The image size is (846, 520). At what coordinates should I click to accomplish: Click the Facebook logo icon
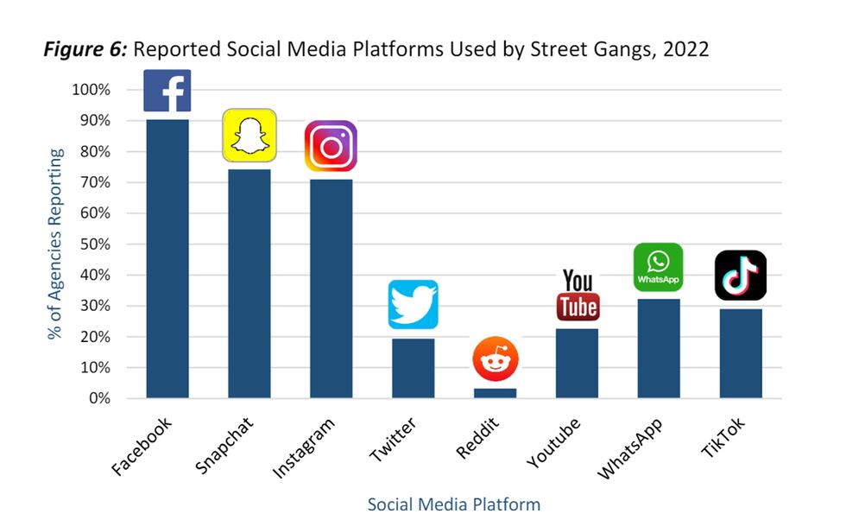coord(167,91)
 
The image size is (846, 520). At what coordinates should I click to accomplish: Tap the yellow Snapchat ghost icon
coord(249,136)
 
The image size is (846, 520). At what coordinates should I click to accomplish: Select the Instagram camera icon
coord(331,146)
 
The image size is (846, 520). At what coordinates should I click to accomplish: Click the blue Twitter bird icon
coord(413,304)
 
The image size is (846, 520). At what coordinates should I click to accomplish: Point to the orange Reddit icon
coord(495,359)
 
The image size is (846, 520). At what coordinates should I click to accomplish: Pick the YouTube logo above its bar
coord(578,295)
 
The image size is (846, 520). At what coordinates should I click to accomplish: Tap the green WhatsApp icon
coord(658,268)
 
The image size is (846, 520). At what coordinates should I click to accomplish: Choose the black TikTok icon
coord(740,276)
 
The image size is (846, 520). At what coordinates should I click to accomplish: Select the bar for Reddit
coord(496,393)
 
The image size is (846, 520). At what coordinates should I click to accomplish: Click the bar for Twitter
coord(413,368)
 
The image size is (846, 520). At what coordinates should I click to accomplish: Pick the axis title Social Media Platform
coord(454,504)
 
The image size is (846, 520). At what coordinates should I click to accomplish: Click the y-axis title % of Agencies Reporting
coord(56,244)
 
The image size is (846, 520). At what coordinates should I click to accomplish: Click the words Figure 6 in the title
coord(84,49)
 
